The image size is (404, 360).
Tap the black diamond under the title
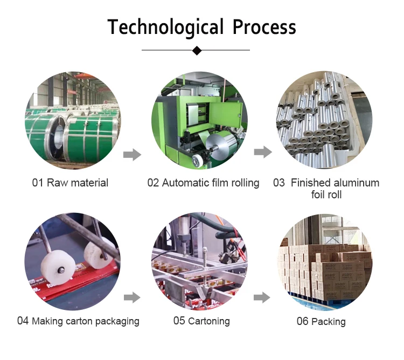coord(197,51)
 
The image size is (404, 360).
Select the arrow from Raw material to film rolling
coord(132,155)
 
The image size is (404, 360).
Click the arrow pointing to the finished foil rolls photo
coord(263,153)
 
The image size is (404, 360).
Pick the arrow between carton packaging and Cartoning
coord(132,297)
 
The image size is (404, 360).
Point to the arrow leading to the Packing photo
coord(262,297)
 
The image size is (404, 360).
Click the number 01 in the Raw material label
coord(38,183)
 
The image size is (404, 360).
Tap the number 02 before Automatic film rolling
coord(153,183)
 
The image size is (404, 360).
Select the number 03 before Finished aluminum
coord(279,183)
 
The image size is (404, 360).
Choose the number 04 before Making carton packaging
coord(23,321)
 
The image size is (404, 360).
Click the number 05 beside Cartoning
coord(179,321)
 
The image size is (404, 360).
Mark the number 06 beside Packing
coord(303,322)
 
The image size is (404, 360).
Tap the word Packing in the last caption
coord(328,322)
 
